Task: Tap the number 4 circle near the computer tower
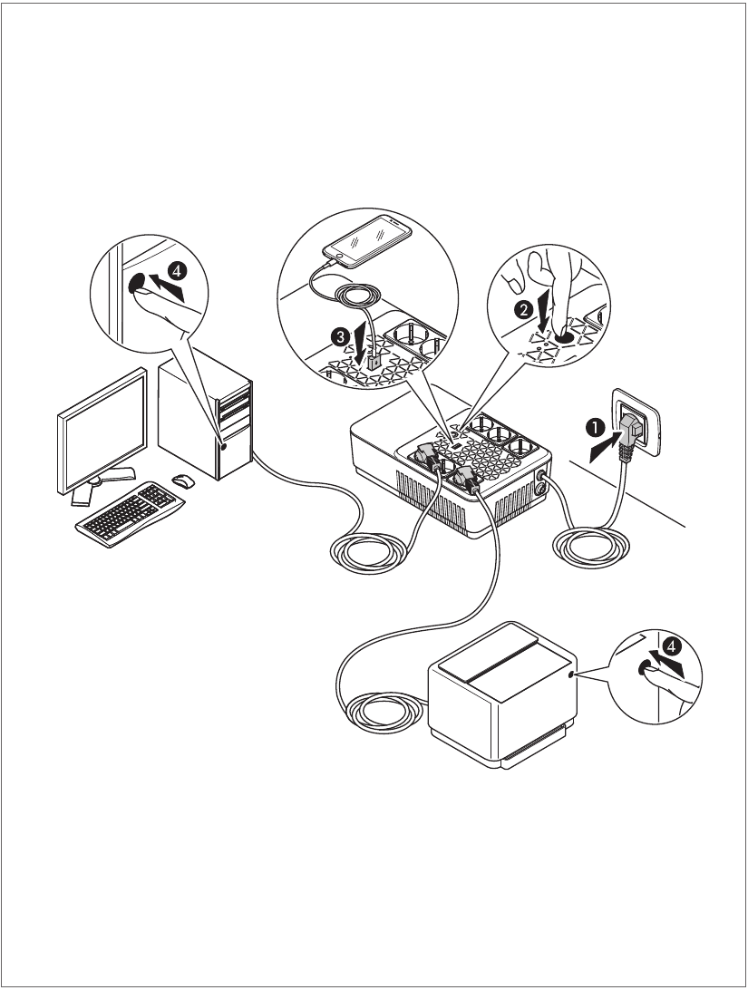178,270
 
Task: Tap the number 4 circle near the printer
670,646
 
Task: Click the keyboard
125,511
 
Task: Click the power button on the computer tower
222,445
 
